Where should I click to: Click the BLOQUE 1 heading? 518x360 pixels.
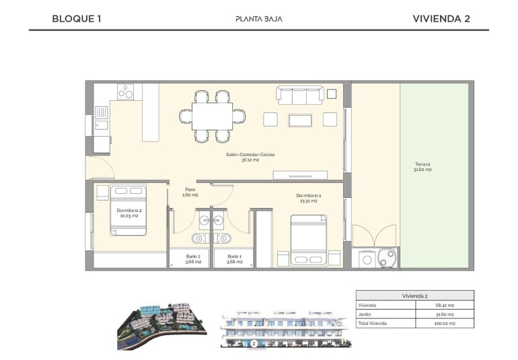click(x=76, y=19)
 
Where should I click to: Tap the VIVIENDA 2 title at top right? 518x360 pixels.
click(x=441, y=19)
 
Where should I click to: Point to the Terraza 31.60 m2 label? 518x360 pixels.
click(x=422, y=167)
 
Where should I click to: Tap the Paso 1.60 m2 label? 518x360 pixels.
click(x=191, y=192)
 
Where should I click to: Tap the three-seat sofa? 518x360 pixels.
click(x=301, y=96)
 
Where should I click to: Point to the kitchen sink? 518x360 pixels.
click(x=101, y=118)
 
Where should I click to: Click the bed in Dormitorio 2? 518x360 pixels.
click(x=128, y=210)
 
